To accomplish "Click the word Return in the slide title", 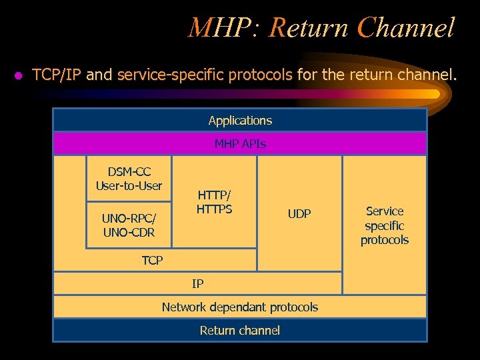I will pos(309,28).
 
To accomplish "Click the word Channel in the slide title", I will pos(406,28).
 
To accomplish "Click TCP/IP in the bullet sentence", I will pos(57,75).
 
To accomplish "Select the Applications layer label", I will pos(240,121).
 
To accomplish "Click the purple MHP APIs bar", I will pos(240,143).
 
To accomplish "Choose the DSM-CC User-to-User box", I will pos(129,179).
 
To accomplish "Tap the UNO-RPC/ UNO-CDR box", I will pos(129,225).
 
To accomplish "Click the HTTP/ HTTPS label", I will pos(214,202).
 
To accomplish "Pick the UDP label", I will pos(299,214).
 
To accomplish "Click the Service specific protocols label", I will pos(385,225).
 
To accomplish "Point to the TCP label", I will pos(152,260).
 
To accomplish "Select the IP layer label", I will pos(197,283).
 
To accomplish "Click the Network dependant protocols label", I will pos(240,307).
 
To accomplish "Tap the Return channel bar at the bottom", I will pos(240,330).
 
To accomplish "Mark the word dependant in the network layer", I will pos(238,307).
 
